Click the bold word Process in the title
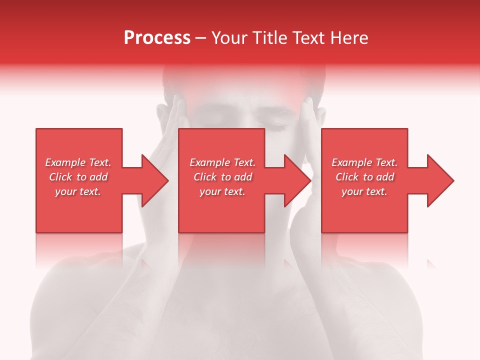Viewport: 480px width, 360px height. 157,38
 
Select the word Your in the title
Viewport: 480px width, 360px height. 230,38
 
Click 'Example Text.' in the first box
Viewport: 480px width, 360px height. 78,162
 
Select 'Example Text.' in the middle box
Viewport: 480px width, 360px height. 222,162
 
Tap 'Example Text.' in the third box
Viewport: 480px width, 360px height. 364,162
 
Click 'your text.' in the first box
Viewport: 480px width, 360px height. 78,191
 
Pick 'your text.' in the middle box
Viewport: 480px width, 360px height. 222,191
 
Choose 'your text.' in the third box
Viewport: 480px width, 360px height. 364,191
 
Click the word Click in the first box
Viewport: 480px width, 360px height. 61,177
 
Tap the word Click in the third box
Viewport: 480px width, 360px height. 347,177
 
